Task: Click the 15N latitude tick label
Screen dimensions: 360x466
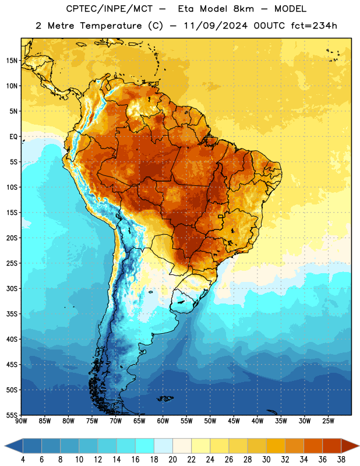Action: pos(12,61)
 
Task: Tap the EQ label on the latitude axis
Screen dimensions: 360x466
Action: pos(13,137)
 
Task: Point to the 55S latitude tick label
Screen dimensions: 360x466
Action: pos(12,415)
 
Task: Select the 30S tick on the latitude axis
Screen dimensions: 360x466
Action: pos(12,288)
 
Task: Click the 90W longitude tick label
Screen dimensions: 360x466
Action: pos(21,421)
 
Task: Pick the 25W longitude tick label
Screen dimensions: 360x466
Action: pos(328,421)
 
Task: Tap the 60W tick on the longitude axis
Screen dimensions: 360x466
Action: pos(163,421)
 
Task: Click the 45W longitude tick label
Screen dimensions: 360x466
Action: pos(234,421)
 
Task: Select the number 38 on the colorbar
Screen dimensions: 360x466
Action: pos(341,460)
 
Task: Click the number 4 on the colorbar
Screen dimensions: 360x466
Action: pos(23,460)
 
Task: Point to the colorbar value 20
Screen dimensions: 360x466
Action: pos(172,460)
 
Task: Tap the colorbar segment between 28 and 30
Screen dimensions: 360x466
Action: pos(257,446)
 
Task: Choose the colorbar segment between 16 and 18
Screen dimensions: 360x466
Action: pos(144,446)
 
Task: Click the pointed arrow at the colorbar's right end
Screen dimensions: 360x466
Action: pos(350,446)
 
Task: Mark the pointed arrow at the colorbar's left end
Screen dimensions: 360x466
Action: pos(14,446)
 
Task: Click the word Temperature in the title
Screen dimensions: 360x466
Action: pos(111,26)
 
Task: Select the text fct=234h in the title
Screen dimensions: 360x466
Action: pos(314,26)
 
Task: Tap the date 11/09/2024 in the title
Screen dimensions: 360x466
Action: pos(216,26)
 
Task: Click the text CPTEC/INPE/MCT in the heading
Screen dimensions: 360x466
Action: pos(110,9)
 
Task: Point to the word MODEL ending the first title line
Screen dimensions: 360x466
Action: pos(290,9)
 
